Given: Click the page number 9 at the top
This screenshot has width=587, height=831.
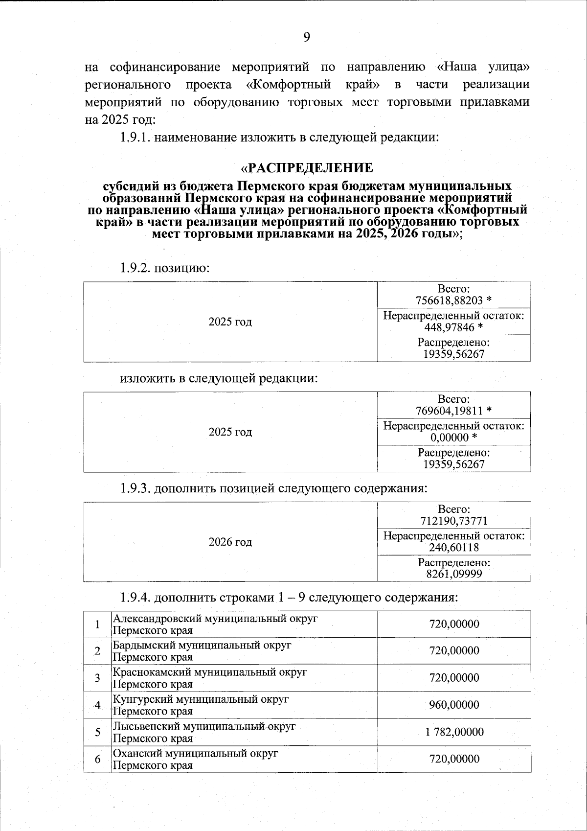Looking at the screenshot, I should point(307,37).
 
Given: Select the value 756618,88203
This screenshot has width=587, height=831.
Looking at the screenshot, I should point(449,300).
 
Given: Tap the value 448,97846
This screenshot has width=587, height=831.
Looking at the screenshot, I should point(449,327).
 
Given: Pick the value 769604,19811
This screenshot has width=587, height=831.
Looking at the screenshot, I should point(449,411).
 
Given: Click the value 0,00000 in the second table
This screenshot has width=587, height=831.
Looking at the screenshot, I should point(449,438).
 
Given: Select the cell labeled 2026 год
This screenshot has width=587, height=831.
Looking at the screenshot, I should point(230,542).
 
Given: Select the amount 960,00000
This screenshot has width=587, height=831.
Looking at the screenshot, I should point(454,705).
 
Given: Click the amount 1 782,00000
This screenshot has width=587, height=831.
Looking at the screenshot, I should point(454,732).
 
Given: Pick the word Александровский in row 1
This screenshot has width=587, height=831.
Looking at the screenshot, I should point(158,619).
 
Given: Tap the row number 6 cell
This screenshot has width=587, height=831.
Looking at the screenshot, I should point(98,759).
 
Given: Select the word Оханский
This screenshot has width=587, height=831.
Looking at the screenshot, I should point(134,754).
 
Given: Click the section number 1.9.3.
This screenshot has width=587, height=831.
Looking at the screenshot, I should point(135,488).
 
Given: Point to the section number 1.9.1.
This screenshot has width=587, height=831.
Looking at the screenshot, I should point(135,138).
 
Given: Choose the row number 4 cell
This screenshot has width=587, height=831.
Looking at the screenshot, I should point(98,705).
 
